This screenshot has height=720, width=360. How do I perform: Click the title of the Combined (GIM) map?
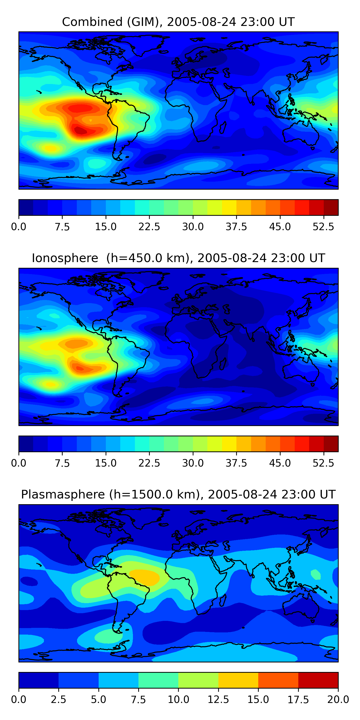178,22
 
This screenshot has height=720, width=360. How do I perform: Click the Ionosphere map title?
178,258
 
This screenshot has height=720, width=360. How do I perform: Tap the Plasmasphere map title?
178,494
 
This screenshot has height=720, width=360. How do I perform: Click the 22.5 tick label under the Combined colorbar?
149,227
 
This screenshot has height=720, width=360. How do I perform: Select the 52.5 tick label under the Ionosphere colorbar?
323,463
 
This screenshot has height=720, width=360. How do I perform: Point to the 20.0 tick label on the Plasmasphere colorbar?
338,700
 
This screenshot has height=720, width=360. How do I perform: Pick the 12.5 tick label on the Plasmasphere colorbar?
218,700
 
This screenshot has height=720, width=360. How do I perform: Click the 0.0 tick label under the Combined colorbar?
19,227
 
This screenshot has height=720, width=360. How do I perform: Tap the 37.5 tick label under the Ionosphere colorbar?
236,463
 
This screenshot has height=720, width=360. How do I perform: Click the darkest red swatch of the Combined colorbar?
331,207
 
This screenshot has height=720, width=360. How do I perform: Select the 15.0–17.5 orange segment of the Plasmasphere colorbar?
278,680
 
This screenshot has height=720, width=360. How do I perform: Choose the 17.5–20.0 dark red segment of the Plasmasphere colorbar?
318,680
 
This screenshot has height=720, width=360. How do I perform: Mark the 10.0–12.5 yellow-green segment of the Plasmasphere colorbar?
198,680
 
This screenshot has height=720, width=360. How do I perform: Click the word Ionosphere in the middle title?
65,258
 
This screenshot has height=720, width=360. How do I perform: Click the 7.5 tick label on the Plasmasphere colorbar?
138,700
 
